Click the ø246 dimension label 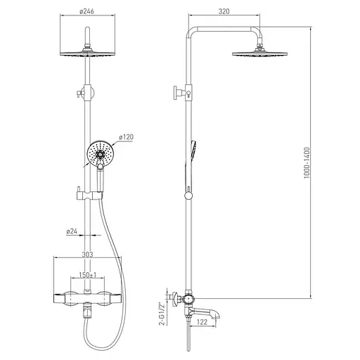point(86,11)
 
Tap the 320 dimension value point(224,11)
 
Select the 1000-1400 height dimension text point(307,162)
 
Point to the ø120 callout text point(126,137)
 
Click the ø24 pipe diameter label point(72,231)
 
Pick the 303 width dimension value point(87,255)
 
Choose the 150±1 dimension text point(88,275)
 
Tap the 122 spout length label point(202,322)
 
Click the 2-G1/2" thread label point(162,314)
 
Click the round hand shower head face point(101,154)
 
